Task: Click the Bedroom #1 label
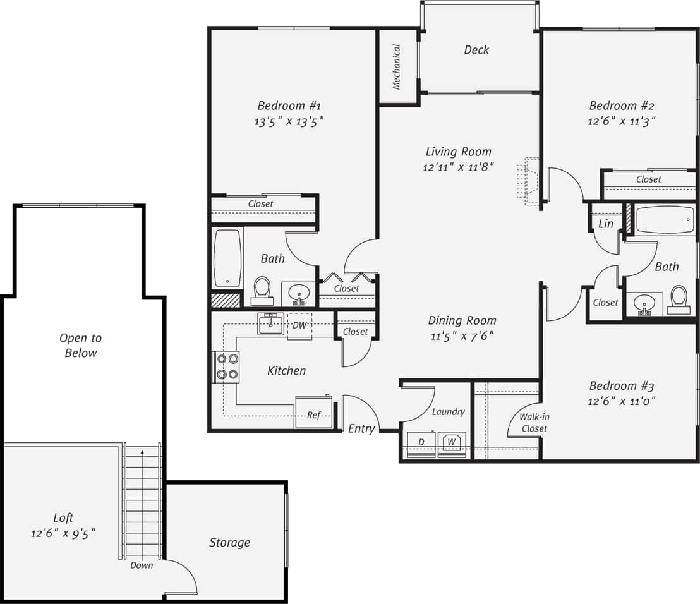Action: pyautogui.click(x=289, y=106)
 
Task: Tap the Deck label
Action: pyautogui.click(x=476, y=50)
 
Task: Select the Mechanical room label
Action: pyautogui.click(x=397, y=66)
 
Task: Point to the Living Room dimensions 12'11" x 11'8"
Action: pyautogui.click(x=458, y=167)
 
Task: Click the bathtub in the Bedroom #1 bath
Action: pyautogui.click(x=227, y=258)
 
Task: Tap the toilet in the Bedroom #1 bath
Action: pyautogui.click(x=262, y=289)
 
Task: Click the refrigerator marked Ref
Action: pyautogui.click(x=314, y=413)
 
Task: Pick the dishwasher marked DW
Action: pyautogui.click(x=299, y=325)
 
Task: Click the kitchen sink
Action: pyautogui.click(x=271, y=323)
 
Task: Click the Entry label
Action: pyautogui.click(x=361, y=428)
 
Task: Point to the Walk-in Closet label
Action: pyautogui.click(x=533, y=423)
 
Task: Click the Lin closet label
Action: pyautogui.click(x=605, y=224)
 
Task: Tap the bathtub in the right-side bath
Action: pyautogui.click(x=664, y=220)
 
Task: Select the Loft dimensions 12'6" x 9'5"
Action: pyautogui.click(x=63, y=533)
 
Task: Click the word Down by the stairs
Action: pyautogui.click(x=142, y=565)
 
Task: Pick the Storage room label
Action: pyautogui.click(x=229, y=542)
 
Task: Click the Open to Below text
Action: pyautogui.click(x=81, y=346)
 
